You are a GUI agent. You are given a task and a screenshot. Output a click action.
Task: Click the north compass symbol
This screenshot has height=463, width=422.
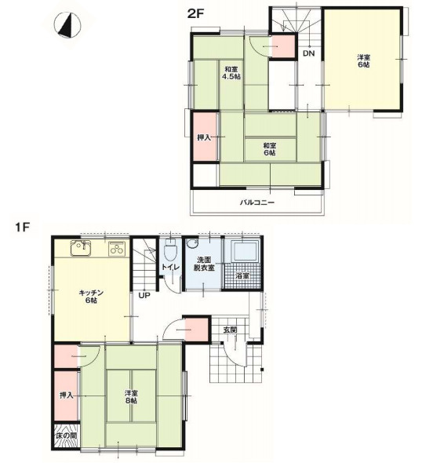tap(68, 25)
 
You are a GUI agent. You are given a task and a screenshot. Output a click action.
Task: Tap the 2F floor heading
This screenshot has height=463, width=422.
tap(195, 14)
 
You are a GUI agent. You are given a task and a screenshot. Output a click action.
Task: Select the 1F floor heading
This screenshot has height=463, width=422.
tap(23, 228)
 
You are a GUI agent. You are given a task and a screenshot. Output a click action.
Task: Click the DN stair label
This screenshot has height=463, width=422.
tap(309, 53)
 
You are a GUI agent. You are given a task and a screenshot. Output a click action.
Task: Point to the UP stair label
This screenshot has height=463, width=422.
tap(144, 295)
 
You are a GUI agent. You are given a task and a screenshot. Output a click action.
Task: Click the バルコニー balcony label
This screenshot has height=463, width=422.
tap(257, 202)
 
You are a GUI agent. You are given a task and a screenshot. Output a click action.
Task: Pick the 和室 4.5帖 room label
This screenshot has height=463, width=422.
tap(231, 73)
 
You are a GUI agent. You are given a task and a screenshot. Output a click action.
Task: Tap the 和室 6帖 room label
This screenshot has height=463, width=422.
tap(269, 149)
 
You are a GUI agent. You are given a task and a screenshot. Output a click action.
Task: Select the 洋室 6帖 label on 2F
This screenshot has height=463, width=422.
tap(364, 61)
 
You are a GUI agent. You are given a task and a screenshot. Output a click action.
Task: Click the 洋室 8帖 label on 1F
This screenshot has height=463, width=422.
tap(131, 397)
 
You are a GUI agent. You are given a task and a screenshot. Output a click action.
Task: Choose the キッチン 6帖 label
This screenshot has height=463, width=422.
tap(91, 297)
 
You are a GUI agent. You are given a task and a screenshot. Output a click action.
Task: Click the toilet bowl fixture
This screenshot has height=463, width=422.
tap(170, 250)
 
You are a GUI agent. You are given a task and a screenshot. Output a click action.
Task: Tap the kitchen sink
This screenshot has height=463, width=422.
tap(81, 248)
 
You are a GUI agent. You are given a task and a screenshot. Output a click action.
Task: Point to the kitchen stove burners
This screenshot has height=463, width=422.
tap(117, 248)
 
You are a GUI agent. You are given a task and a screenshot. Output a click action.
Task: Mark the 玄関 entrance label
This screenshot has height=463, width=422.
tap(230, 330)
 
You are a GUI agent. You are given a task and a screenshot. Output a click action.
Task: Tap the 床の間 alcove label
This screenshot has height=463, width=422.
tap(67, 436)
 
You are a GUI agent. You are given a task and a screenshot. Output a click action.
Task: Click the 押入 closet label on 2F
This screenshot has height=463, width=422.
tap(204, 137)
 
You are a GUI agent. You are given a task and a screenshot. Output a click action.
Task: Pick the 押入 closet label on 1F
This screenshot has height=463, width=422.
tap(67, 395)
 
